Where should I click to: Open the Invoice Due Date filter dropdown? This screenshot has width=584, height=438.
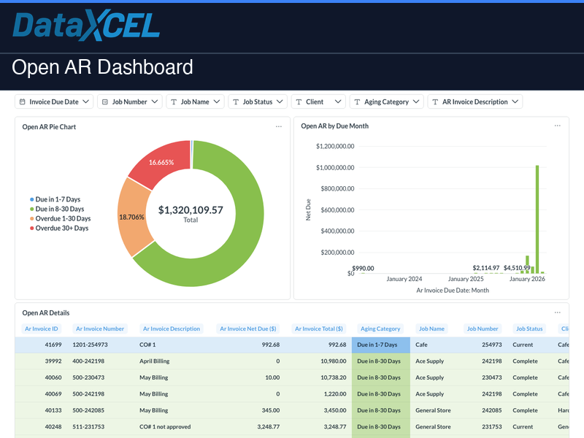[x=55, y=102]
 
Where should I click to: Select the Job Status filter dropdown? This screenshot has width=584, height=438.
[x=257, y=102]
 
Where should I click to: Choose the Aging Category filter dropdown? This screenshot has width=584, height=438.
[x=386, y=102]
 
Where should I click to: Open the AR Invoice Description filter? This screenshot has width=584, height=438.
[x=474, y=102]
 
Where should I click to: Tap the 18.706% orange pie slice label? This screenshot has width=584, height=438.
[x=132, y=217]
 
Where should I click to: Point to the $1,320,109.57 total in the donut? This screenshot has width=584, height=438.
[x=191, y=210]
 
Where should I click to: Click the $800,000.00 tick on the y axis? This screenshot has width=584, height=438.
[x=335, y=188]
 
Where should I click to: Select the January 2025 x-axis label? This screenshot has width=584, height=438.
[x=466, y=279]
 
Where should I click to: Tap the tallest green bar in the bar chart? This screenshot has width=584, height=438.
[x=537, y=219]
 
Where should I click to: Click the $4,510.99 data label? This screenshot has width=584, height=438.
[x=517, y=268]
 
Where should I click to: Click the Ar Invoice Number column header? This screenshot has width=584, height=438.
[x=100, y=328]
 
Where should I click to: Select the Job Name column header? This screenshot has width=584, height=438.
[x=431, y=328]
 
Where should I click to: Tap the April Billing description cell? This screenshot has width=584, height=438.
[x=154, y=361]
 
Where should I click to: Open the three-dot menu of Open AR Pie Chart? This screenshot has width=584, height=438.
[x=278, y=127]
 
